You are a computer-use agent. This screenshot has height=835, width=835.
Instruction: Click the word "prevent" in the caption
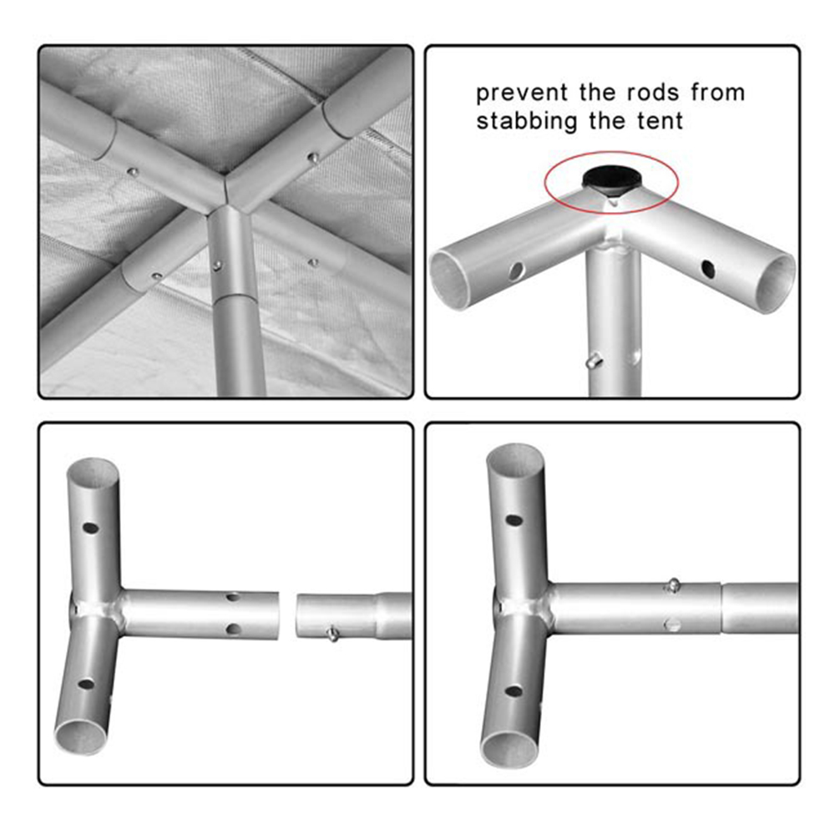pyautogui.click(x=521, y=93)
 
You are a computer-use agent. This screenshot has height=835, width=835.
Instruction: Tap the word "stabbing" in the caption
pyautogui.click(x=527, y=121)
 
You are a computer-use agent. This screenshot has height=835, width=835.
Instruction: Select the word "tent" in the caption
pyautogui.click(x=660, y=121)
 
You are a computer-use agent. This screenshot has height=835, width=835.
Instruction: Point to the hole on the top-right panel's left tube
pyautogui.click(x=515, y=271)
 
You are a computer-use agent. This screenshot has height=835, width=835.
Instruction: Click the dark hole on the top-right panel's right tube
pyautogui.click(x=708, y=269)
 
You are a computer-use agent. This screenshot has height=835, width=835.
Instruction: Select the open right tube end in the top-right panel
pyautogui.click(x=777, y=285)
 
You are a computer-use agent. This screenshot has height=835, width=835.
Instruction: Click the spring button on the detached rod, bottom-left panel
pyautogui.click(x=333, y=633)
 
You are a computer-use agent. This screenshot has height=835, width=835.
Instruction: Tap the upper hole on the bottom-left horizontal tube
pyautogui.click(x=233, y=597)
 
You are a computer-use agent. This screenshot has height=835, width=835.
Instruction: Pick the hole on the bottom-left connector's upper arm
pyautogui.click(x=90, y=529)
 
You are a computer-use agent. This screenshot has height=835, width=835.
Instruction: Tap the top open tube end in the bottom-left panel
pyautogui.click(x=93, y=471)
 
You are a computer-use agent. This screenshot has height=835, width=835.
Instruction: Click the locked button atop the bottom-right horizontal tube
pyautogui.click(x=673, y=584)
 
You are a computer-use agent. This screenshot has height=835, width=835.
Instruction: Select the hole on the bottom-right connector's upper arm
pyautogui.click(x=514, y=520)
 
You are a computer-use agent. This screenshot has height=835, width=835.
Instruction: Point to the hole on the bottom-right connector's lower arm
pyautogui.click(x=514, y=691)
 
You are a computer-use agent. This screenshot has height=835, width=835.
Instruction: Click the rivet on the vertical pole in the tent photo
pyautogui.click(x=217, y=266)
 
